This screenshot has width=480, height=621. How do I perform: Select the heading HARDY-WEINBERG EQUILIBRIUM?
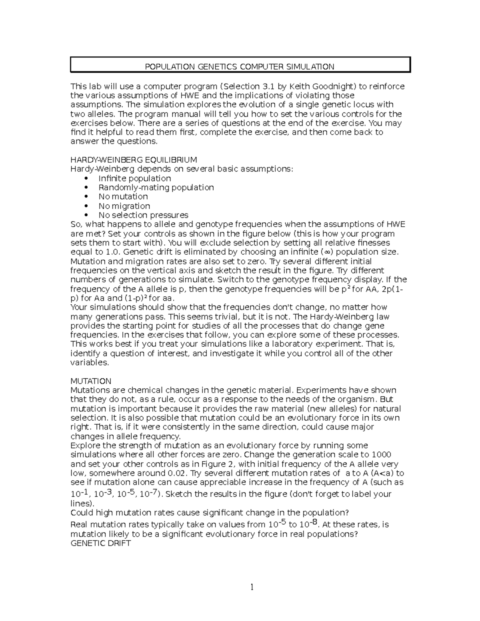coord(134,160)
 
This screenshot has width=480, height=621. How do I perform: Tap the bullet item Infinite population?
coord(134,178)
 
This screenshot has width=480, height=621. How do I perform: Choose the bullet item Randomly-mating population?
coord(156,188)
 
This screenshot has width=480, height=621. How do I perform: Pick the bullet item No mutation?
coord(123,197)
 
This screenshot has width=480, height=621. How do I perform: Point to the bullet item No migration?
coord(124,206)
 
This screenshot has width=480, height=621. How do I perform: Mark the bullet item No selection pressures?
coord(143,215)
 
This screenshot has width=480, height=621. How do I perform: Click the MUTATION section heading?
coord(91,381)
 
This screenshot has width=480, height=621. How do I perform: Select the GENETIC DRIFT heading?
coord(100,543)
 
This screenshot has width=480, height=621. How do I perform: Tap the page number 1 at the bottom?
coord(252,587)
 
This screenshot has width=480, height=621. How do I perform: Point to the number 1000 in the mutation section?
coord(381,455)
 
